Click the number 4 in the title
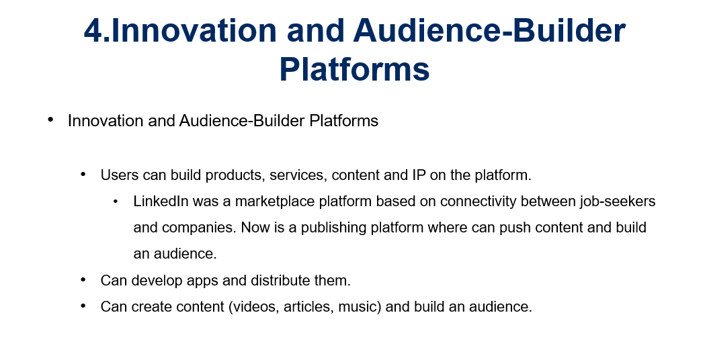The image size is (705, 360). (x=93, y=31)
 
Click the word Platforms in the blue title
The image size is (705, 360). (x=354, y=69)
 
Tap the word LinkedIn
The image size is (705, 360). (x=161, y=201)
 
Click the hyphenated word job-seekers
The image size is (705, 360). (x=618, y=201)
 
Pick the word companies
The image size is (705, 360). (x=199, y=228)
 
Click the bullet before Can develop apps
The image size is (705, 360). (x=83, y=279)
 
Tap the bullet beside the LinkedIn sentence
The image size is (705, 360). (x=116, y=201)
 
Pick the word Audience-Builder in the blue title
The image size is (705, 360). (x=489, y=31)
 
